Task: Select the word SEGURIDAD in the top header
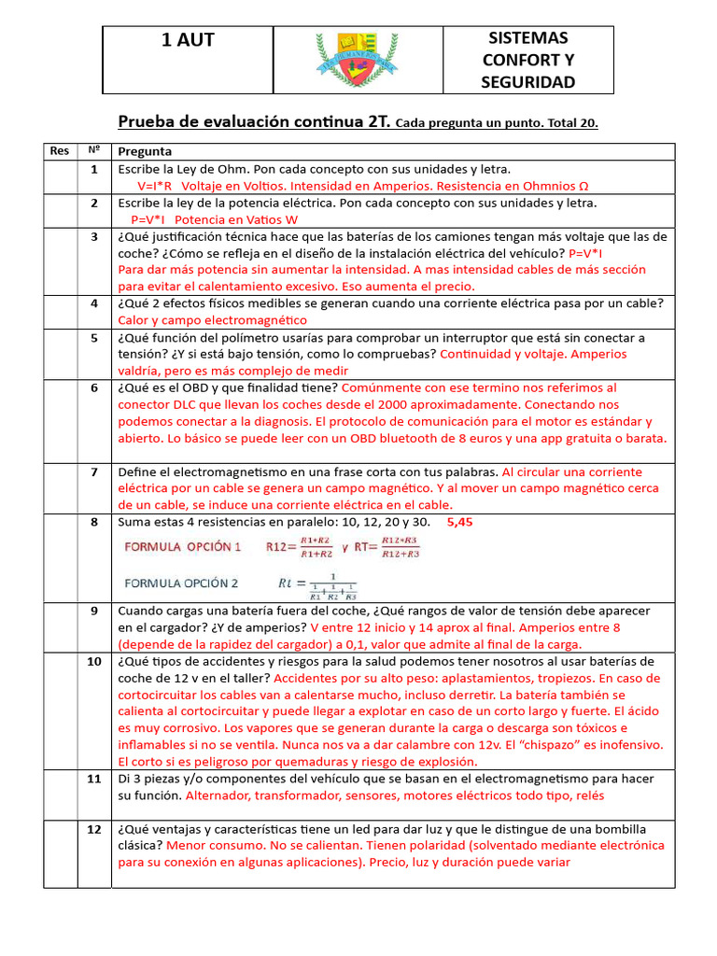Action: (528, 82)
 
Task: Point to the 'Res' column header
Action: (59, 151)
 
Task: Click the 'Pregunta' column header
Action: (145, 151)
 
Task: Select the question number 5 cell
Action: (94, 338)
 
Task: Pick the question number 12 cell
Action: (94, 829)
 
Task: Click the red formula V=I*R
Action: (160, 186)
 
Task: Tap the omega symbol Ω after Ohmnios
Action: (584, 186)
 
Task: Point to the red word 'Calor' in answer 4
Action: (135, 320)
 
